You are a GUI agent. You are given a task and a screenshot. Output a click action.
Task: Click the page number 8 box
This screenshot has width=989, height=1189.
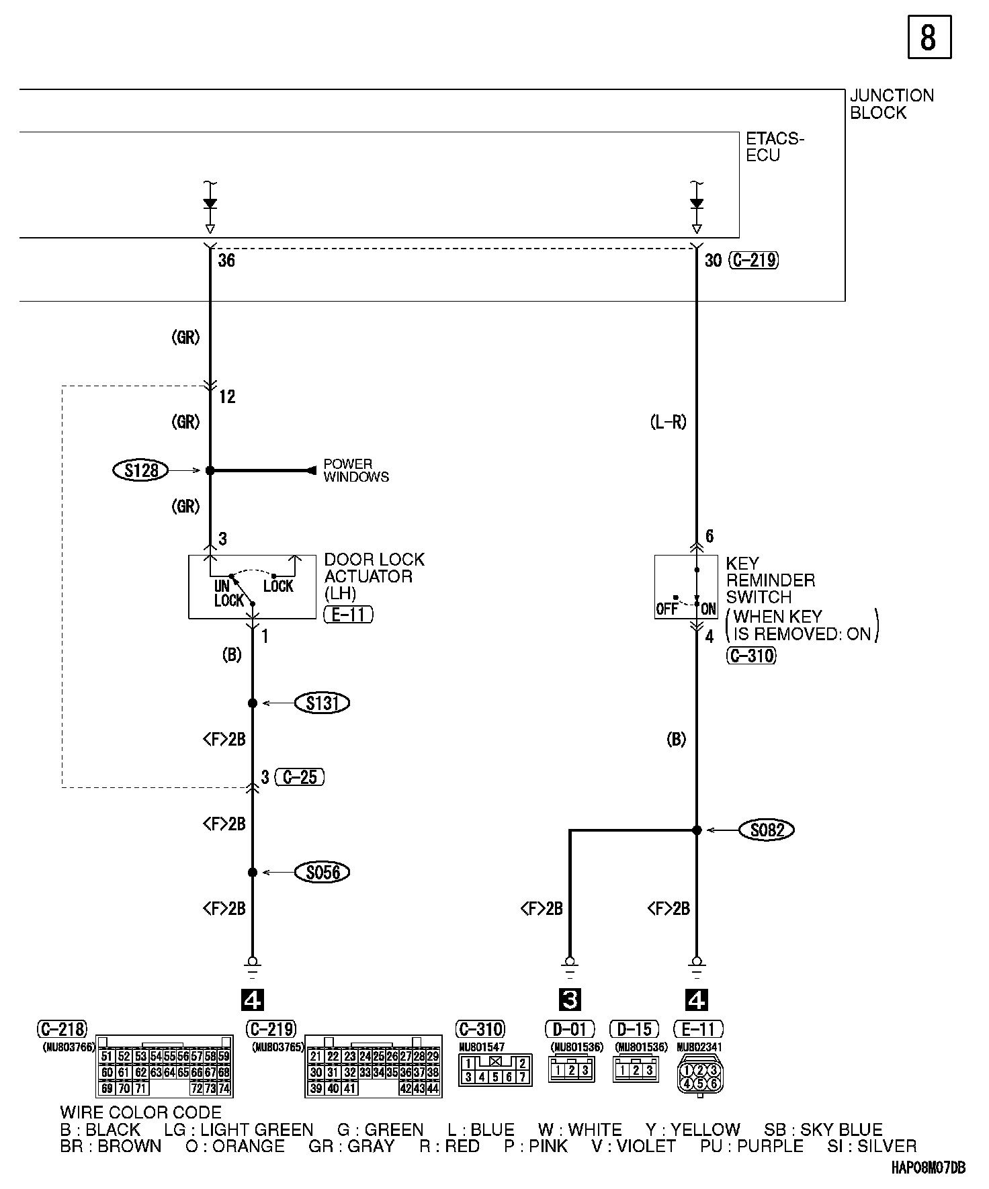coord(929,38)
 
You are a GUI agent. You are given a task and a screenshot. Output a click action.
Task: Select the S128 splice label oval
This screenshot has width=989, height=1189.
coord(140,470)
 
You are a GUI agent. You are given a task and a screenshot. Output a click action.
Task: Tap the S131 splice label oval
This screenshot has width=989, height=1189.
coord(322,703)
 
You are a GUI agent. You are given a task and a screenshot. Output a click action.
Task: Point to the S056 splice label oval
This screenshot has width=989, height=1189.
coord(322,873)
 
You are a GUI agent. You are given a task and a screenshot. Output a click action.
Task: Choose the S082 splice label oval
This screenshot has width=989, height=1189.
coord(767,830)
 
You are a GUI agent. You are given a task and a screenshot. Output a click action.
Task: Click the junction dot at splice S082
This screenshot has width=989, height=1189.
coord(697,830)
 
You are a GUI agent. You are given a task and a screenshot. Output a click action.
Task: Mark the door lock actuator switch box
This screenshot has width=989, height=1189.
coord(252,586)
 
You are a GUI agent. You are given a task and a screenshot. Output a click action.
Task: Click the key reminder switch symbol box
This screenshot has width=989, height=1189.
coord(686,586)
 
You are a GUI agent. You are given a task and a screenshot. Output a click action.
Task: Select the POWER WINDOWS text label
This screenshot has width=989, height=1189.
coord(355,470)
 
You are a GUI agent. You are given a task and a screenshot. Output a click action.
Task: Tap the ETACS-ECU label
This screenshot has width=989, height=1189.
coord(774,146)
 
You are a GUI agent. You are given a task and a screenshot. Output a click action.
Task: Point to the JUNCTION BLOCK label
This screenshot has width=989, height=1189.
coord(892,104)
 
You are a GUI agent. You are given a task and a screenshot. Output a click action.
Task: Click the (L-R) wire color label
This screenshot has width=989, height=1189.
coord(669,423)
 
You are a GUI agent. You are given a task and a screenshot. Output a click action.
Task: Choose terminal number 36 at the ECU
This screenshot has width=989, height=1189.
coord(226,260)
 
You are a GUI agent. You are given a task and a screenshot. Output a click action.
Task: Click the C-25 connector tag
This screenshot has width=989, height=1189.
coord(300,777)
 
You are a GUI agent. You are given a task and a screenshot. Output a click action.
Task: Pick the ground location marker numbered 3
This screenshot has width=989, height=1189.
coord(570,1000)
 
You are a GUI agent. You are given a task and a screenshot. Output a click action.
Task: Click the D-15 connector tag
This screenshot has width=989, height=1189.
coord(634,1029)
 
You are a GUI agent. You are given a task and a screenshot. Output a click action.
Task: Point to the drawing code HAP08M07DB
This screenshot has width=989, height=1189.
coord(928,1168)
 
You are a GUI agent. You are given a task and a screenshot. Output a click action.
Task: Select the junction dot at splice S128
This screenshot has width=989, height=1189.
coord(210,471)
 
